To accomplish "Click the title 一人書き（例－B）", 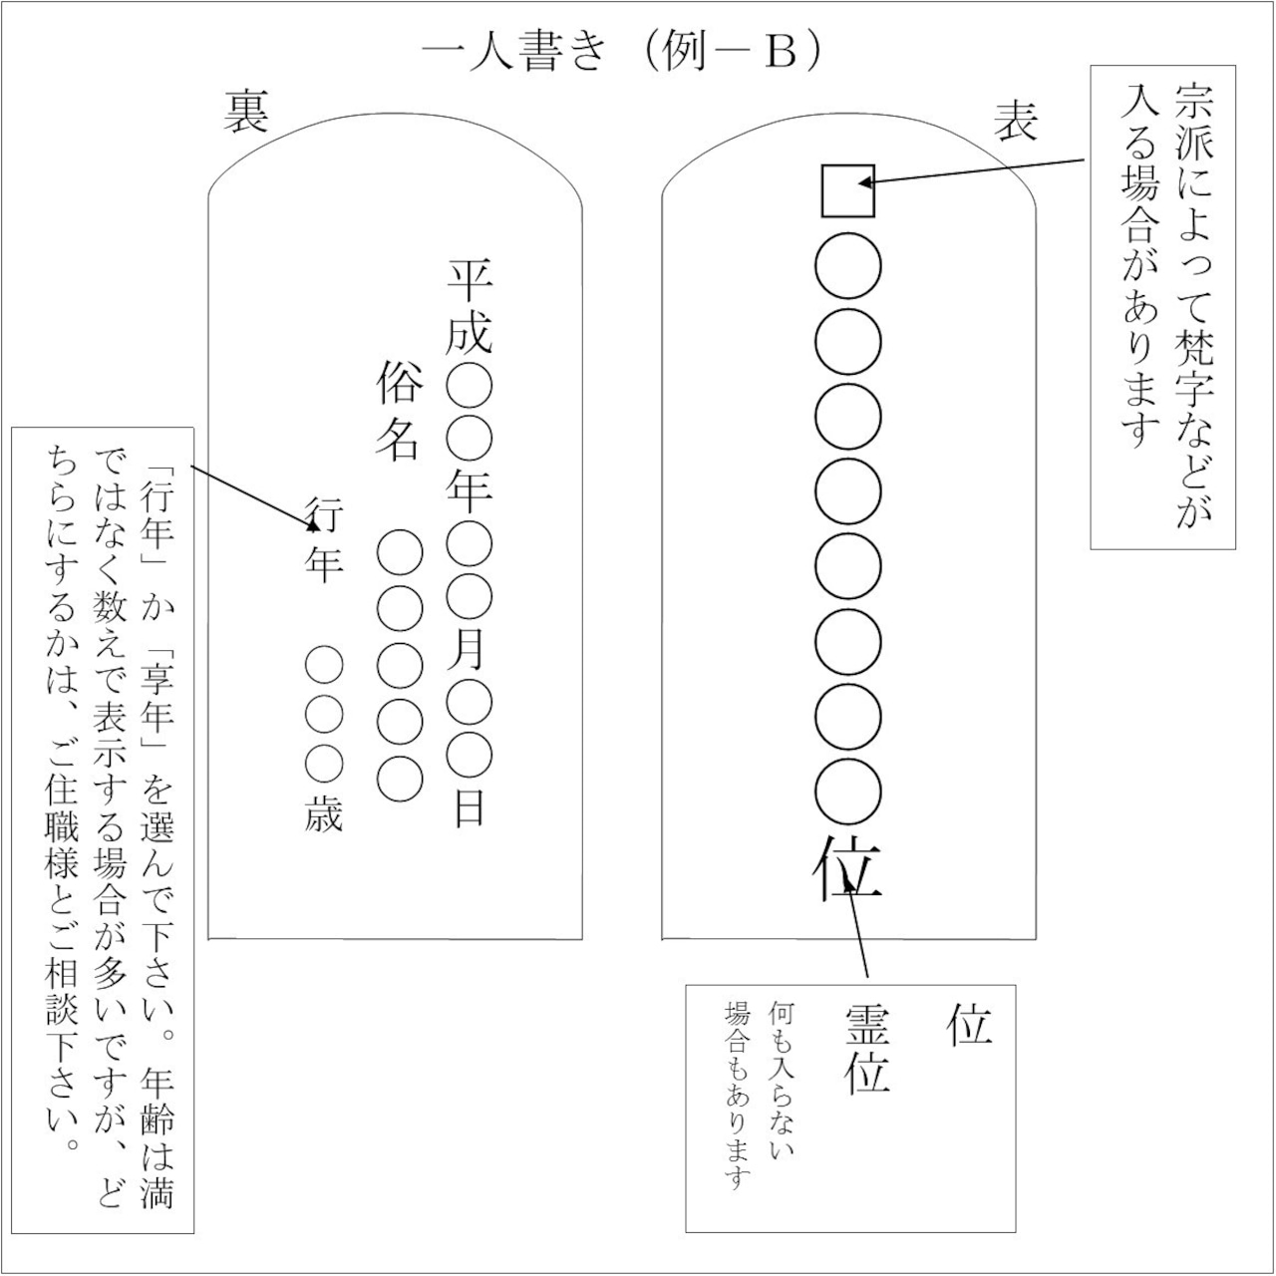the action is [x=622, y=52].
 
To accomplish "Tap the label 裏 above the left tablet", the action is [x=246, y=113].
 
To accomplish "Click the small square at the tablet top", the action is [x=847, y=190].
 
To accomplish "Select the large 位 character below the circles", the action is [x=847, y=868].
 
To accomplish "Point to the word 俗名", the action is [x=400, y=411].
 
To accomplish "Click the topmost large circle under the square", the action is [x=847, y=266].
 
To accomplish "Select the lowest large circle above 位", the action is [x=847, y=793].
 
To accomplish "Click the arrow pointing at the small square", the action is [x=971, y=171].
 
